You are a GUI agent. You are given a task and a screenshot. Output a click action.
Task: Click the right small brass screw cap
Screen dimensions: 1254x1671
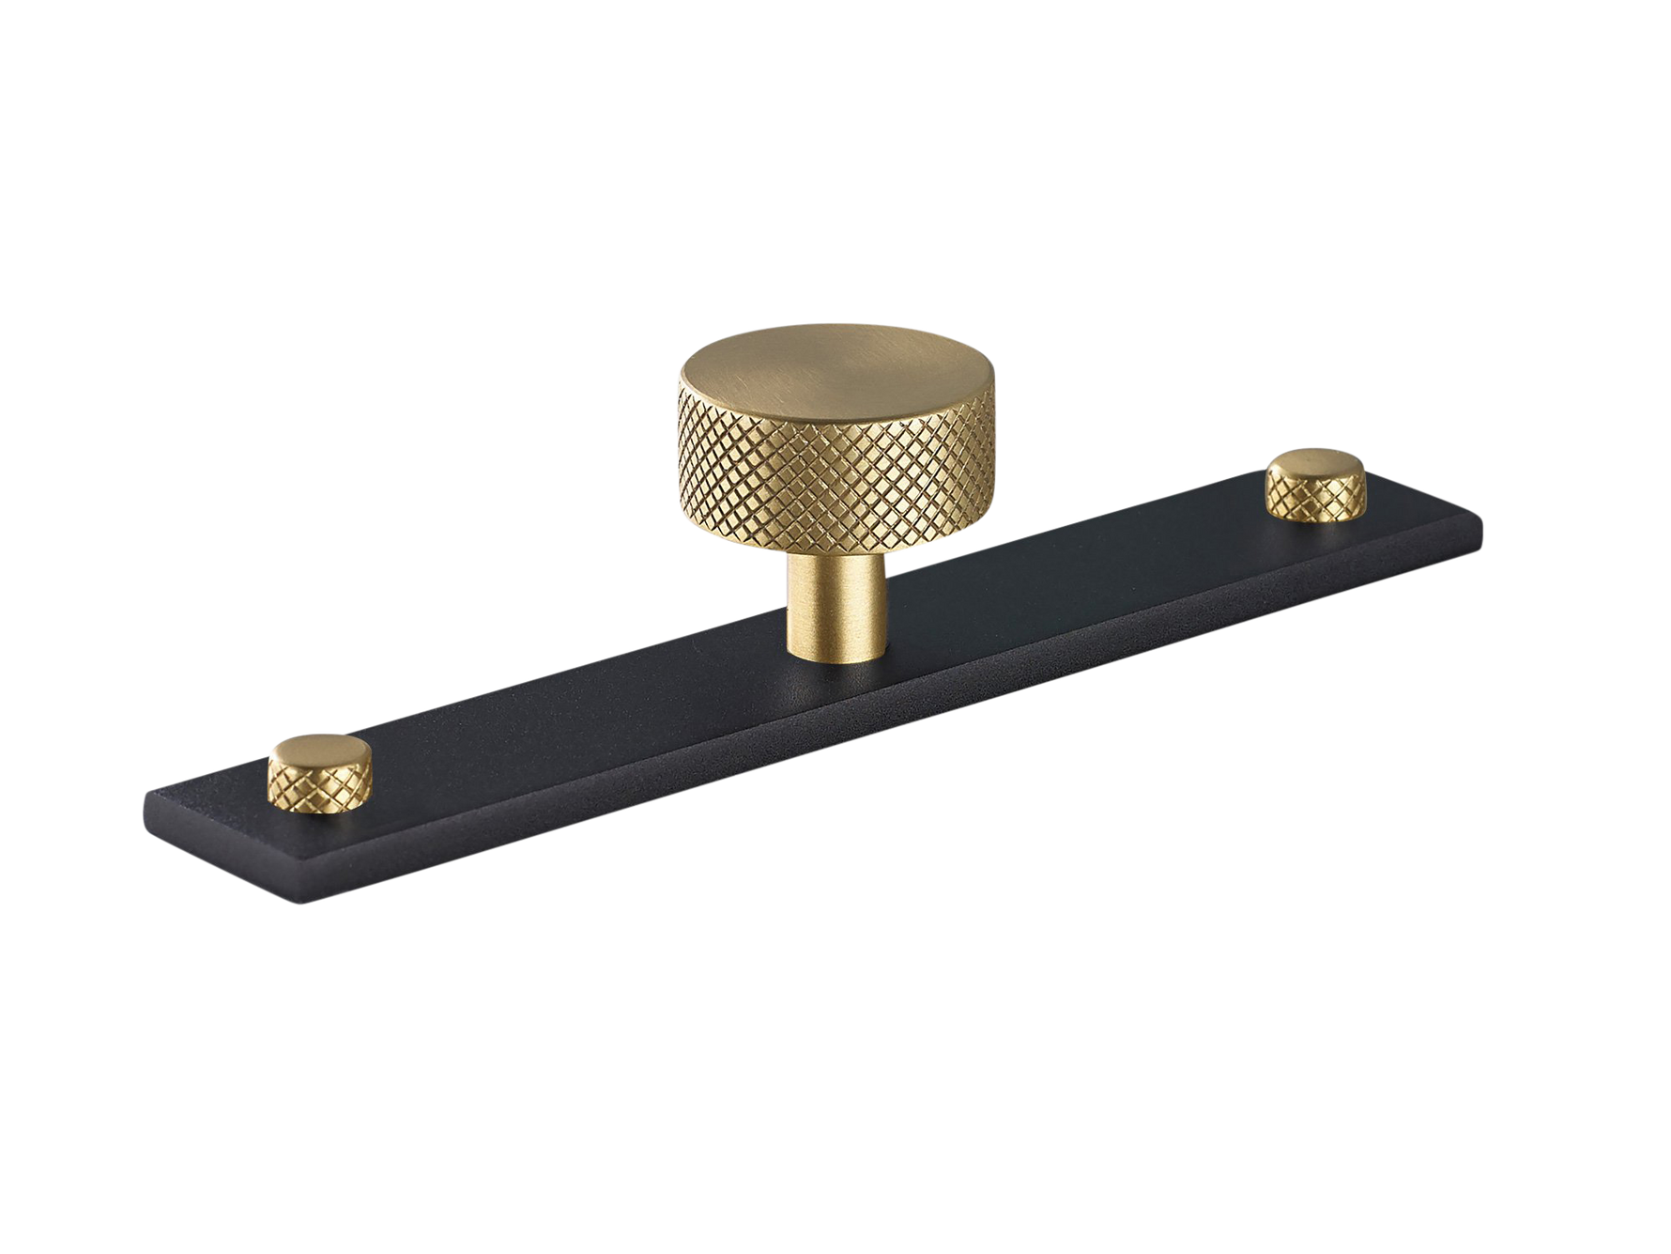1313,483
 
